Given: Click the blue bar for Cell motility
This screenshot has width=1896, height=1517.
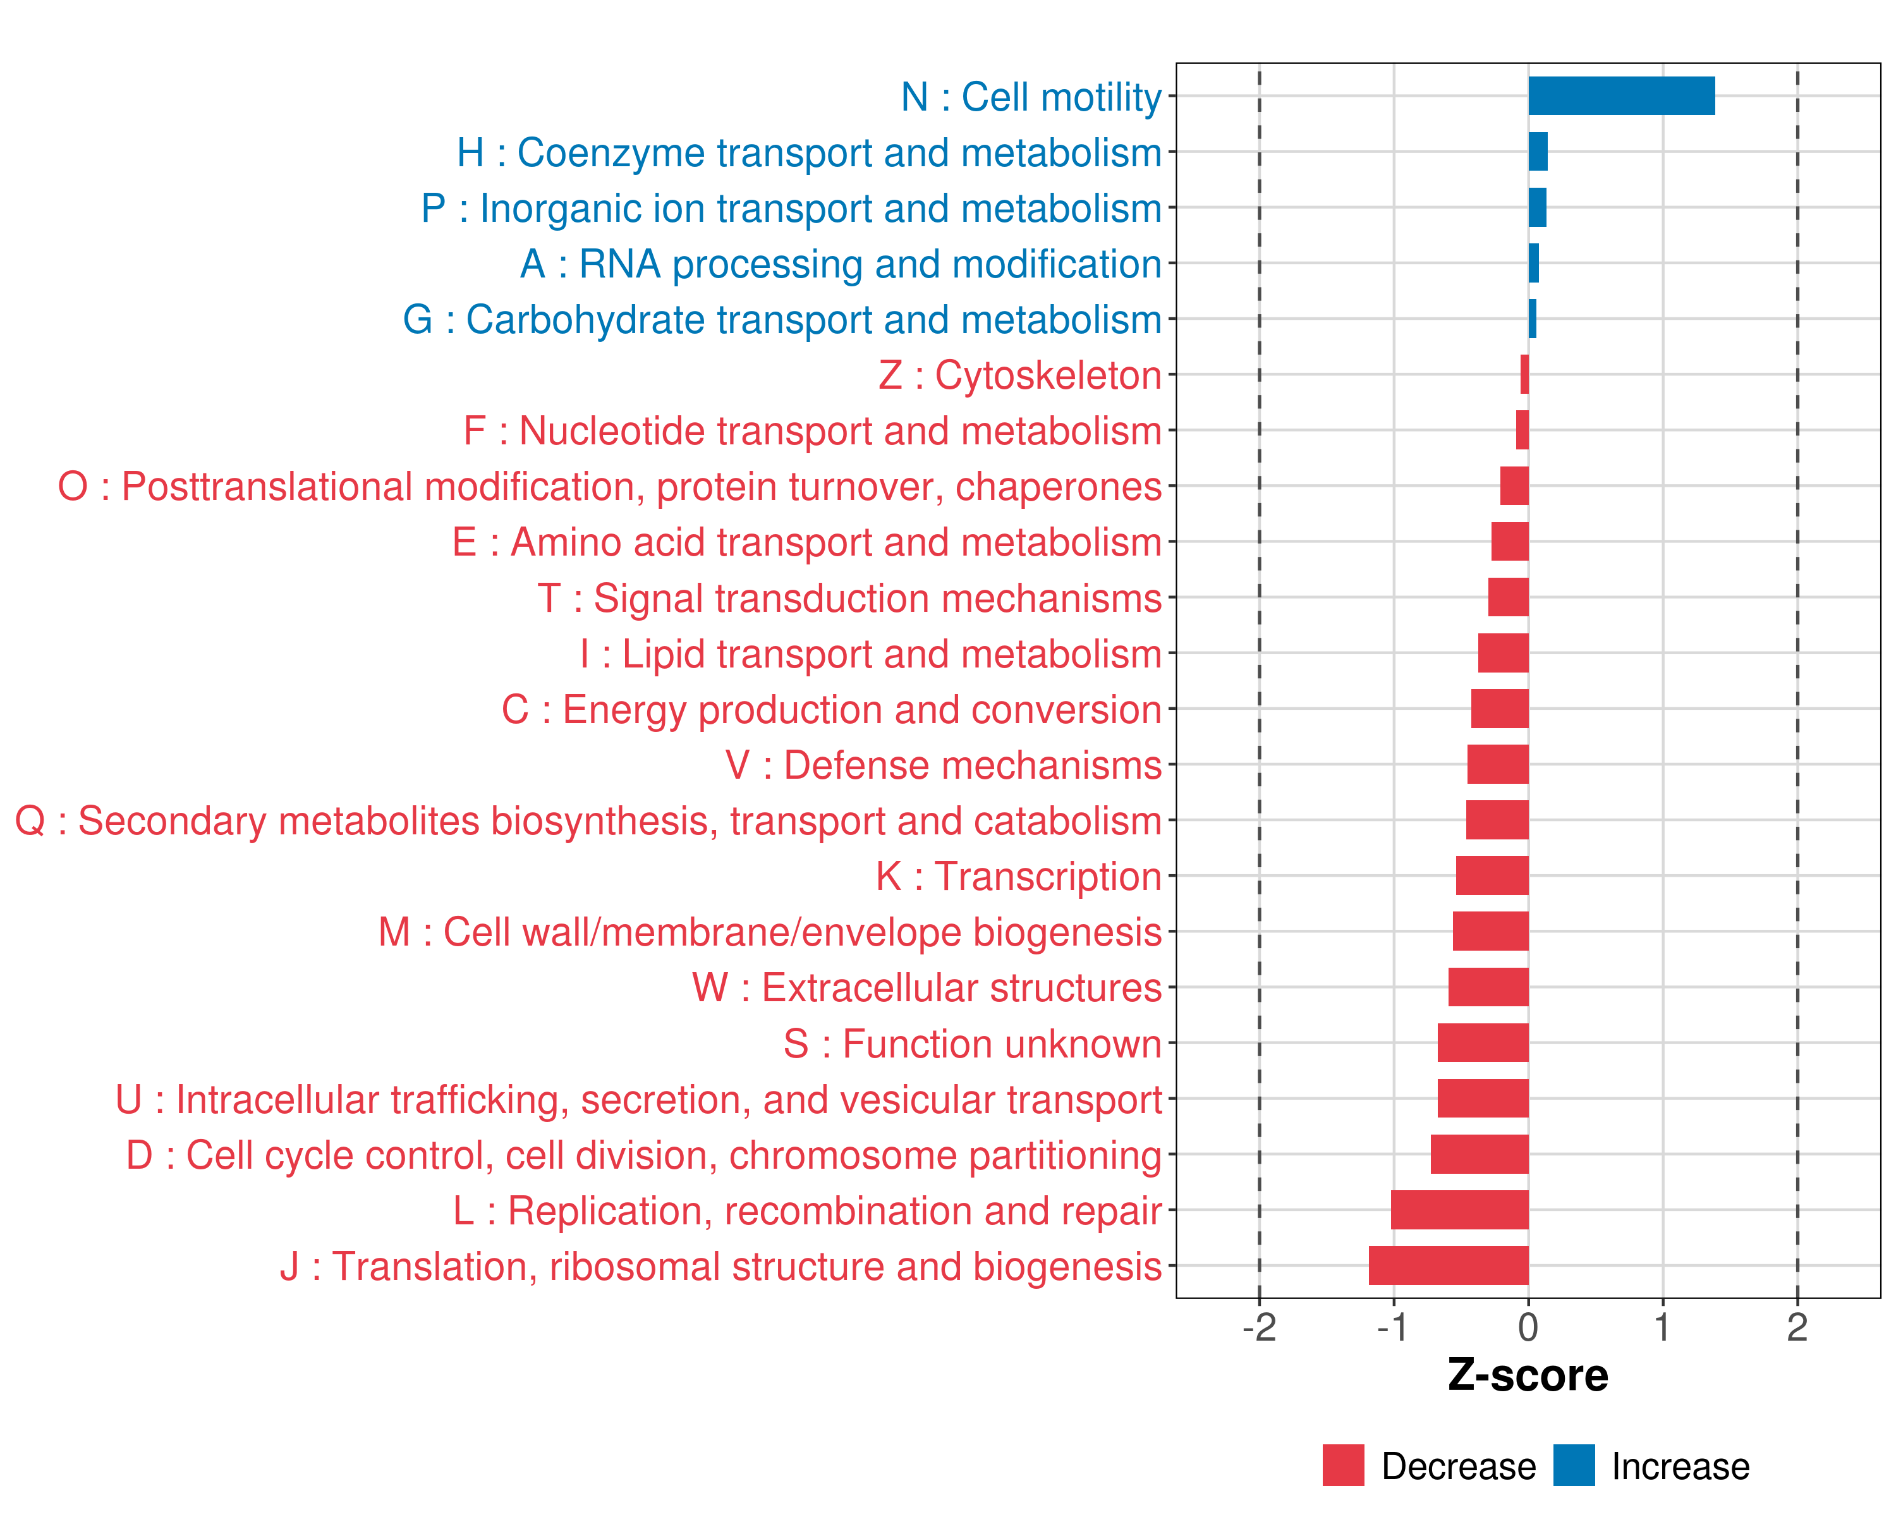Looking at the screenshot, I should pyautogui.click(x=1620, y=96).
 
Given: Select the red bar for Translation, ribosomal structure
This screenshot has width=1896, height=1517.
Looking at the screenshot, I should pyautogui.click(x=1449, y=1265).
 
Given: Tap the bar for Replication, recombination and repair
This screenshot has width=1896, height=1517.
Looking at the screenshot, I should pyautogui.click(x=1460, y=1210).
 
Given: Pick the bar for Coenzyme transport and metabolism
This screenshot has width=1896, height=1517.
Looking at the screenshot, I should pyautogui.click(x=1538, y=151).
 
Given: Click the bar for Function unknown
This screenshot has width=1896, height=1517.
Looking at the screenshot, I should pyautogui.click(x=1483, y=1043).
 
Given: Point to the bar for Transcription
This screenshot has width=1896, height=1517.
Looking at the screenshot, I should pyautogui.click(x=1492, y=876).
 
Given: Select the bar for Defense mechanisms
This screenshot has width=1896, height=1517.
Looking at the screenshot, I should pyautogui.click(x=1498, y=764).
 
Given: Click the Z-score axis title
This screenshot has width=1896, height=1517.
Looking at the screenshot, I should pyautogui.click(x=1528, y=1375).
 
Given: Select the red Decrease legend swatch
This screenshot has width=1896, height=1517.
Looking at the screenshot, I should pyautogui.click(x=1343, y=1465).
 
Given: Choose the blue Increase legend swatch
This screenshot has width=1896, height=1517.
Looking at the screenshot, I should pyautogui.click(x=1573, y=1465).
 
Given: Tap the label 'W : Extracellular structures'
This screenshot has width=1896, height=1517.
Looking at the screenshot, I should pyautogui.click(x=927, y=987).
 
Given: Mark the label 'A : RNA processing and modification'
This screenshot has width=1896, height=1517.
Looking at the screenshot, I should pyautogui.click(x=841, y=264).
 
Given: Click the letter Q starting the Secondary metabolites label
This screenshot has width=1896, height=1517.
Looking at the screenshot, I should pyautogui.click(x=30, y=821).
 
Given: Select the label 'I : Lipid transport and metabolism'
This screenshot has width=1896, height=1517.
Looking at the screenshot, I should pyautogui.click(x=871, y=654).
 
